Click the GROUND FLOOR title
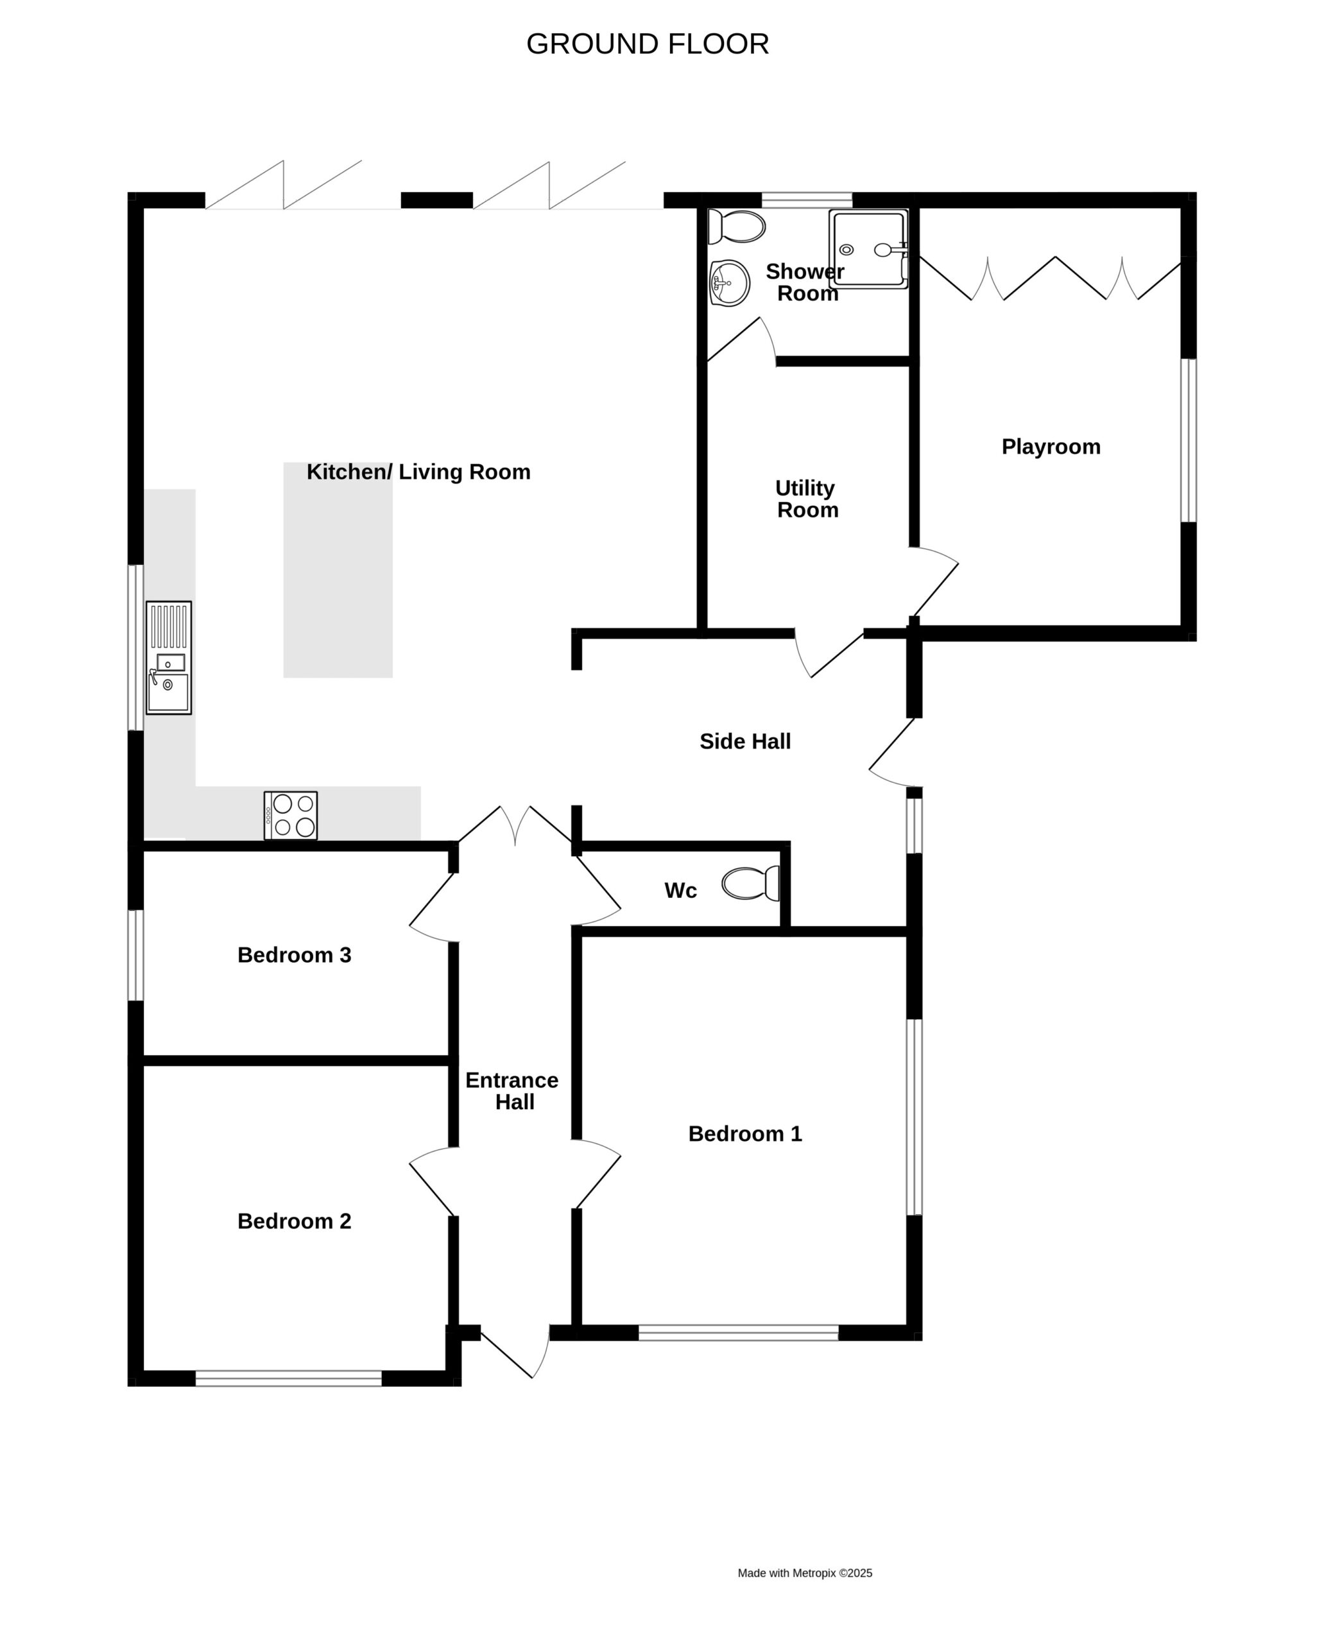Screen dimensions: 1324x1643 click(648, 44)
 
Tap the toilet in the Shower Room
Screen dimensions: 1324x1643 click(736, 227)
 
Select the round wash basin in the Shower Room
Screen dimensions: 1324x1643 click(729, 283)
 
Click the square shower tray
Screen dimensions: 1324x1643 click(869, 248)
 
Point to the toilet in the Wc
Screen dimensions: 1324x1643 click(750, 883)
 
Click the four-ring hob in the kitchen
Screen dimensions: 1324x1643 click(291, 815)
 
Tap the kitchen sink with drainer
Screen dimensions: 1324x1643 click(169, 657)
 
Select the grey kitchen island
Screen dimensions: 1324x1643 click(338, 570)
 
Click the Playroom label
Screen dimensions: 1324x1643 click(1051, 447)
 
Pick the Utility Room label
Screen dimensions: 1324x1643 click(806, 499)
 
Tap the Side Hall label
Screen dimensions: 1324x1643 click(745, 741)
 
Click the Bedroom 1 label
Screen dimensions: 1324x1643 click(745, 1134)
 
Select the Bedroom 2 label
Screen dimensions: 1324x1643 click(295, 1222)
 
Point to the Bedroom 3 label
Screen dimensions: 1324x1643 click(295, 956)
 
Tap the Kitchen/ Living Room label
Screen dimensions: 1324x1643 click(418, 472)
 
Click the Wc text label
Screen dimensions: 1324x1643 click(680, 891)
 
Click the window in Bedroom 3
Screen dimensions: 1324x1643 click(136, 955)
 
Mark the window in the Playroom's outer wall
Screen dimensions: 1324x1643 click(1188, 440)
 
